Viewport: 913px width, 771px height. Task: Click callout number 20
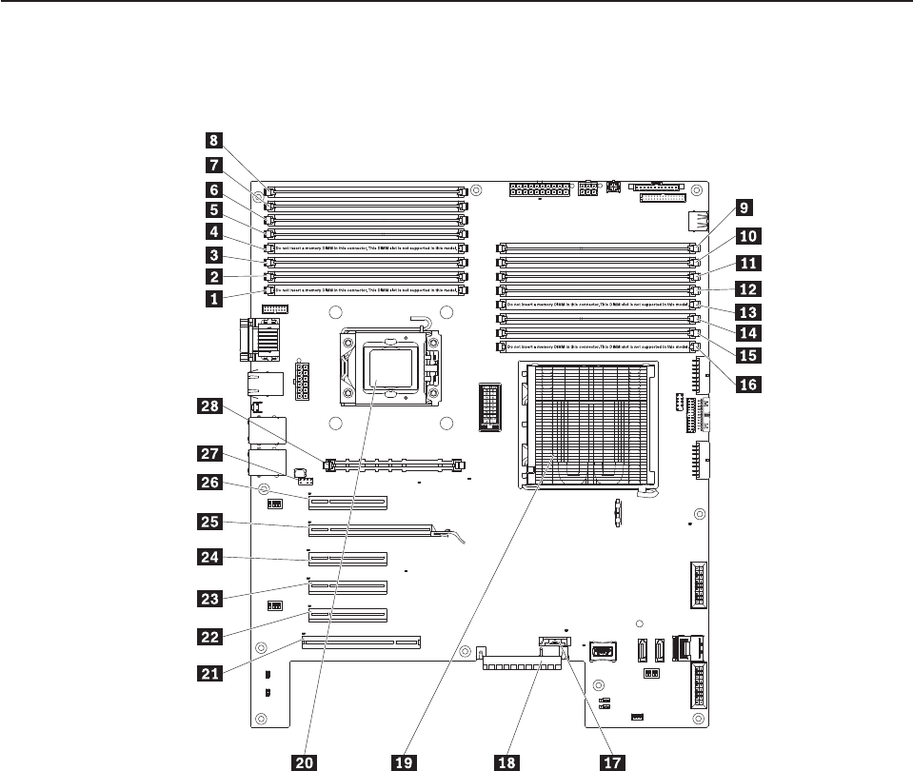point(306,761)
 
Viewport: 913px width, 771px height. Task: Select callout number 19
point(404,761)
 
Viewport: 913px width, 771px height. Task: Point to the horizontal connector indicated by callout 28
point(392,467)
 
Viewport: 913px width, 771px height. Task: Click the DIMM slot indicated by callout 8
point(367,191)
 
